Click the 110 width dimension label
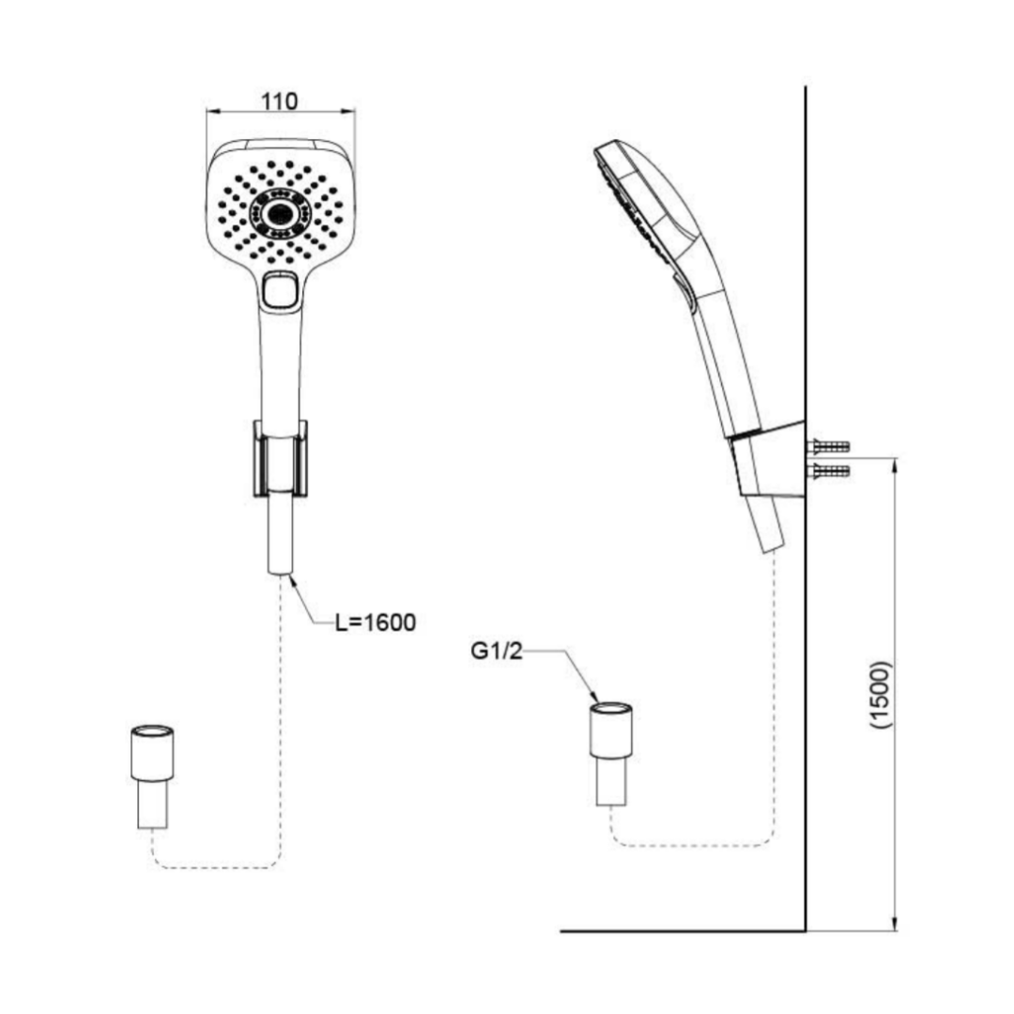(x=280, y=101)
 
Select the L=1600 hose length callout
(x=376, y=622)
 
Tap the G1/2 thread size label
(x=496, y=651)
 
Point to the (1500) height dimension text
(x=881, y=695)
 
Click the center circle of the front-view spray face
(x=281, y=211)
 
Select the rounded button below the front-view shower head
(x=281, y=290)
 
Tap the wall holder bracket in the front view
(x=280, y=458)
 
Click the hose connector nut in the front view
(x=153, y=753)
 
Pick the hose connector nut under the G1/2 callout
(x=611, y=730)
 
